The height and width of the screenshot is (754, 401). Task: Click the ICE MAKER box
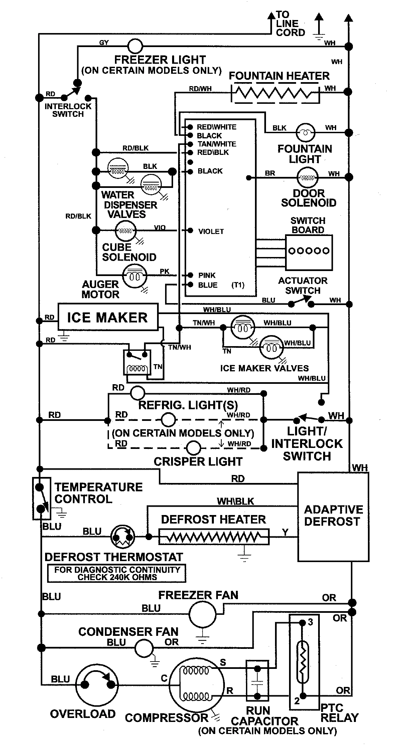(x=108, y=317)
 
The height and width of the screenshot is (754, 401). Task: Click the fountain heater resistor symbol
(x=276, y=93)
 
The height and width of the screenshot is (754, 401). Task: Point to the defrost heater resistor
(x=214, y=537)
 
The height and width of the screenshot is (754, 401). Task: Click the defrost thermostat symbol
(x=123, y=537)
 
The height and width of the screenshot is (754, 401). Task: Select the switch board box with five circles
(x=308, y=252)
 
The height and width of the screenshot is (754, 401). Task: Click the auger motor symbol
(x=134, y=276)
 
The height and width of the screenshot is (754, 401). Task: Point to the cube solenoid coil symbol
(x=126, y=230)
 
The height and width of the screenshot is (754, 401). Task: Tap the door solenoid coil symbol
(x=307, y=178)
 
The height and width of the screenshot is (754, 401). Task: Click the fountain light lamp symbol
(x=305, y=133)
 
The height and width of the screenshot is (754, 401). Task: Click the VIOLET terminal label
(x=211, y=231)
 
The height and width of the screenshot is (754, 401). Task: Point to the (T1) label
(x=238, y=285)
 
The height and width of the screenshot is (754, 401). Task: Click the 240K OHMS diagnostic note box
(x=117, y=573)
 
